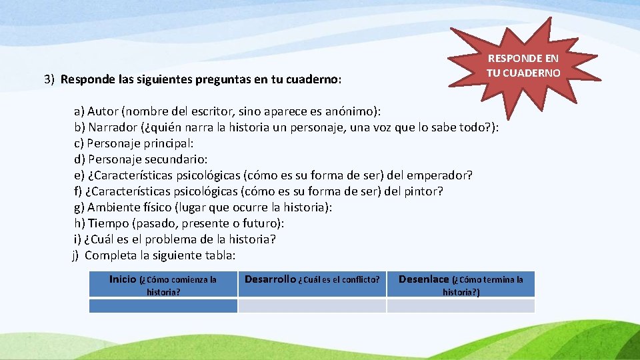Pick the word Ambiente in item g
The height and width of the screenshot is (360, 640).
point(112,207)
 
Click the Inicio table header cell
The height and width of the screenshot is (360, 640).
point(163,285)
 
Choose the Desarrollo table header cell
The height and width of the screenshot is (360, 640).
point(312,279)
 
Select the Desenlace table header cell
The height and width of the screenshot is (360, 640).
point(461,285)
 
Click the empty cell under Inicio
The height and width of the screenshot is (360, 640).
point(163,306)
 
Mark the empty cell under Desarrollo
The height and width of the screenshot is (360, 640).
point(312,306)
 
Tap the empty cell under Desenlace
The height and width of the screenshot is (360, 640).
point(461,306)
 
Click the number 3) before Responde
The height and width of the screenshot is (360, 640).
point(49,79)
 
